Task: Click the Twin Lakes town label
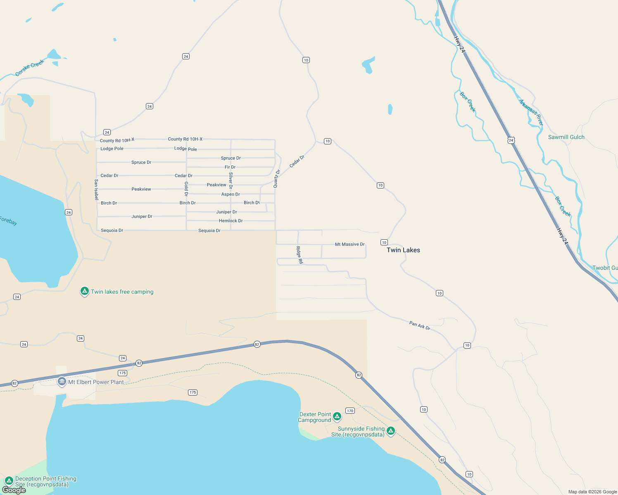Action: tap(403, 250)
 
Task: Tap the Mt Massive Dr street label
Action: tap(349, 244)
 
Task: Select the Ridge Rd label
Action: tap(299, 255)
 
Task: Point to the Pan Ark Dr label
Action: tap(420, 325)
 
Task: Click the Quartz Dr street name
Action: tap(277, 179)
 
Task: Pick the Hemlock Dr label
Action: tap(231, 221)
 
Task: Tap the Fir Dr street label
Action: tap(230, 167)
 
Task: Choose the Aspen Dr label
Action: tap(231, 194)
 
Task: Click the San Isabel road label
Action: tap(96, 189)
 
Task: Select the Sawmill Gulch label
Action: tap(566, 137)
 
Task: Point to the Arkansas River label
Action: tap(531, 112)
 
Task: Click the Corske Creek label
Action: tap(29, 68)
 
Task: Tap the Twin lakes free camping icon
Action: tap(85, 292)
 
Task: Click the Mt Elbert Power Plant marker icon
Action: tap(62, 382)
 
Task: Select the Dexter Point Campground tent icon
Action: tap(337, 416)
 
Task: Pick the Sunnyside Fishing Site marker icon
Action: tap(390, 431)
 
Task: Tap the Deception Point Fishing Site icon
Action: tap(9, 481)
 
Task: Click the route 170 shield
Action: tap(350, 410)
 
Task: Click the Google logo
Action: tap(14, 490)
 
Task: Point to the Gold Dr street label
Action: tap(186, 189)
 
